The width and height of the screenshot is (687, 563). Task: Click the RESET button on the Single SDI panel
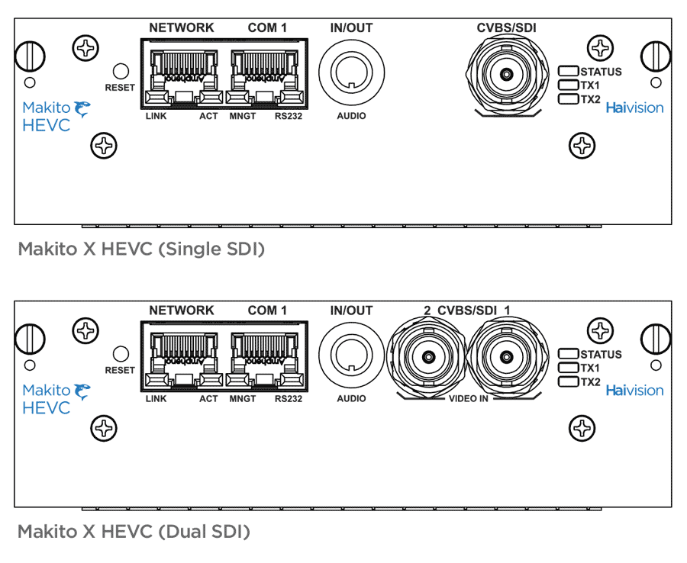click(x=121, y=71)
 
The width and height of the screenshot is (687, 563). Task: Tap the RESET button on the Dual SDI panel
click(x=121, y=354)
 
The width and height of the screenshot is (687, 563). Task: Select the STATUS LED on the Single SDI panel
click(x=568, y=71)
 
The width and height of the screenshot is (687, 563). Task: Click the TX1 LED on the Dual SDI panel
click(x=568, y=367)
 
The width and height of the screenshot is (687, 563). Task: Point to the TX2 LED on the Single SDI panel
click(x=568, y=99)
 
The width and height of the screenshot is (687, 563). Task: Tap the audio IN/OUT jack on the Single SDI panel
click(x=351, y=72)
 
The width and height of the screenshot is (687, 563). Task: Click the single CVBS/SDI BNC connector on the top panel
click(x=507, y=75)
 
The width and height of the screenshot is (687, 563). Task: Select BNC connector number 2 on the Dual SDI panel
click(x=428, y=358)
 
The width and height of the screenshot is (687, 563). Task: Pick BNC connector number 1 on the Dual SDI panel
click(x=507, y=358)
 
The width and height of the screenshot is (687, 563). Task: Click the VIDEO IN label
click(x=469, y=399)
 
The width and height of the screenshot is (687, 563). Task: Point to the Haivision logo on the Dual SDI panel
click(x=634, y=391)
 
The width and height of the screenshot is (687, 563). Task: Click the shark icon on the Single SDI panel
click(x=82, y=108)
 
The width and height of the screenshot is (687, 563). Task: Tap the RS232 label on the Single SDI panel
click(x=289, y=116)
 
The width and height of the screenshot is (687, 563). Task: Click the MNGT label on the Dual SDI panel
click(x=242, y=399)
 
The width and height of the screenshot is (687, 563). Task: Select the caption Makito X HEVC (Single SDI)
click(x=141, y=249)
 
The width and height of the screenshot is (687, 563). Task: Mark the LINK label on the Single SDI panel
click(x=156, y=116)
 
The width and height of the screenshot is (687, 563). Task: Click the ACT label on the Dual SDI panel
click(x=208, y=399)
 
